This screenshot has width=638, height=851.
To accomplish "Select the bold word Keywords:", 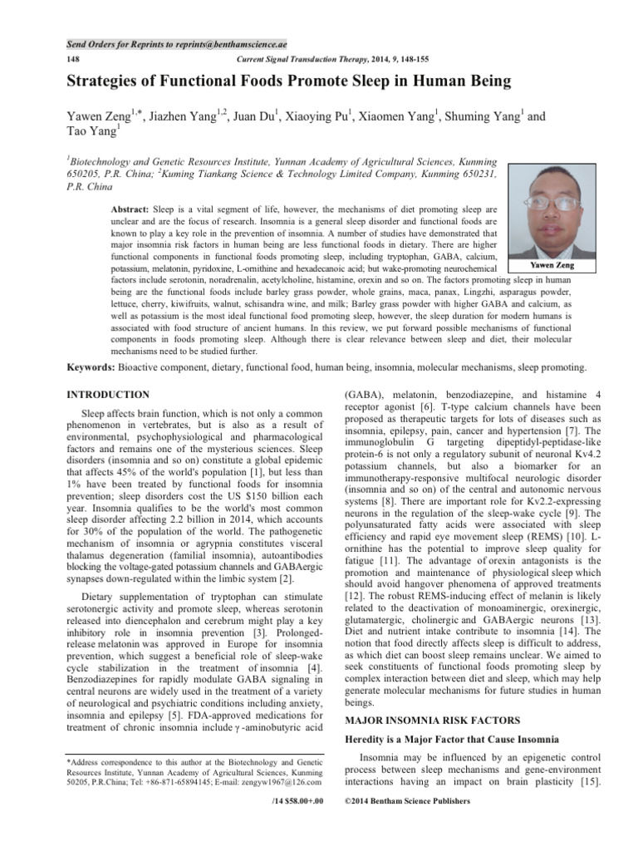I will [93, 366].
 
